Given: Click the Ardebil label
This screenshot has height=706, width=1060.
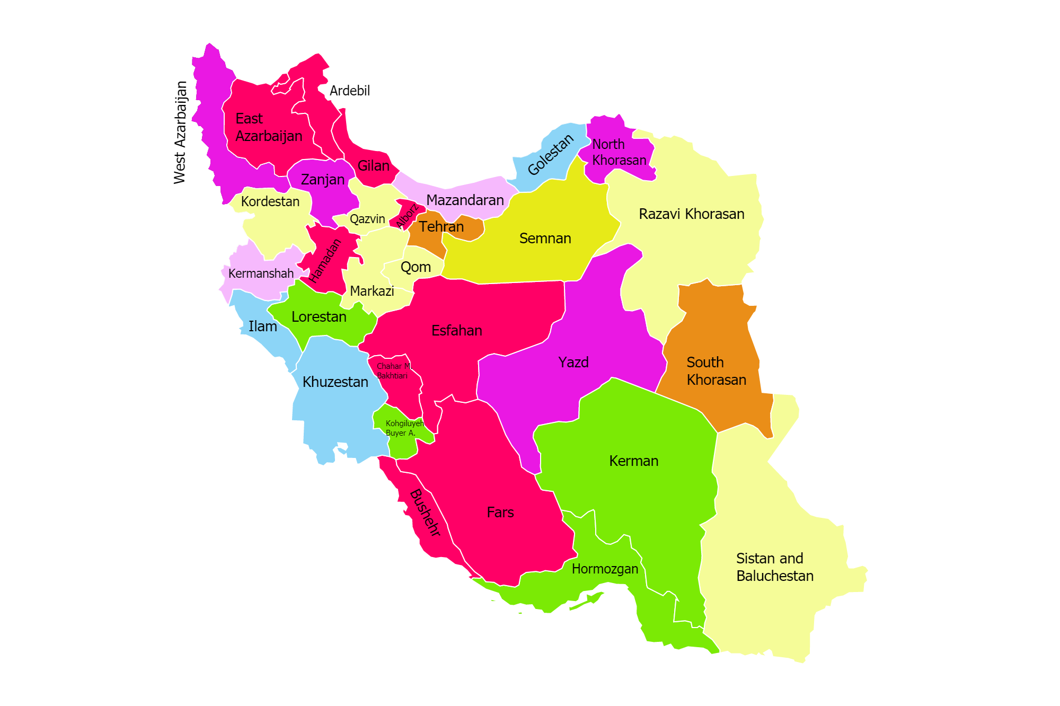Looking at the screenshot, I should (x=349, y=91).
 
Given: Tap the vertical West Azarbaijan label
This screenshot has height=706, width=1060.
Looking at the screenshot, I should (x=180, y=133).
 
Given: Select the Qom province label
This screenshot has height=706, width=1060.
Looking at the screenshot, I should (x=416, y=267).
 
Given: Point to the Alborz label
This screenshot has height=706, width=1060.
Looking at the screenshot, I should (x=408, y=216).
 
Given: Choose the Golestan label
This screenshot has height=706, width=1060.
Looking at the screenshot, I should (x=551, y=154).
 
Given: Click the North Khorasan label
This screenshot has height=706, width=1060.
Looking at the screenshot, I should (x=619, y=152).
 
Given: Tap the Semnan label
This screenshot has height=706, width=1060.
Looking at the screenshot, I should (x=545, y=239).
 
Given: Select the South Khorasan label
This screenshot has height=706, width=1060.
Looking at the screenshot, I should (x=715, y=371).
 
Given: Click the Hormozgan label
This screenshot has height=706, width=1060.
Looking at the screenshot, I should (x=605, y=569).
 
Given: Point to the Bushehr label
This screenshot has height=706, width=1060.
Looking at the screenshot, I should (x=425, y=513).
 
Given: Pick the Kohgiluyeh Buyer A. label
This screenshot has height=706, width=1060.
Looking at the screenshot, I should (x=404, y=428).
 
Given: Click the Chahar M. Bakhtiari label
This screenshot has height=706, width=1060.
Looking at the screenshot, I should (x=393, y=371).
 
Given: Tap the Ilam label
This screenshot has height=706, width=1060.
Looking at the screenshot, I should (x=262, y=326).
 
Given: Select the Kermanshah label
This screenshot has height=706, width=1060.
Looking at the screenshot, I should (x=261, y=273).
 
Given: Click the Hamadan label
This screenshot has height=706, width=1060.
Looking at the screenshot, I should (x=325, y=261).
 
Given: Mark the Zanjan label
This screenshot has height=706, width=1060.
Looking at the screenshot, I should (x=322, y=180).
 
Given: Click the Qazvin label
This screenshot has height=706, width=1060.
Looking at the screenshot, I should (x=367, y=219).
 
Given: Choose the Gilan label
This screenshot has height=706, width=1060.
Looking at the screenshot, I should (x=373, y=166).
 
